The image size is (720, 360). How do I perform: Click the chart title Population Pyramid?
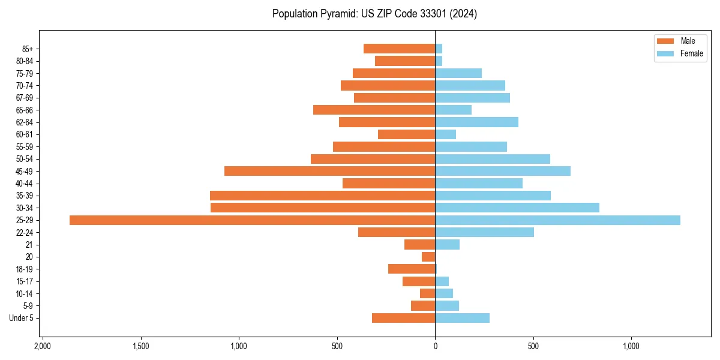tap(374, 14)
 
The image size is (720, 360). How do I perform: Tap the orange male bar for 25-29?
tap(252, 220)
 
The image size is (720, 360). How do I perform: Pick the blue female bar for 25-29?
tap(557, 220)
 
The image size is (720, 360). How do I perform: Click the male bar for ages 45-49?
tap(329, 171)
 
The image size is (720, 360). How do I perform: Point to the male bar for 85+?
tap(399, 49)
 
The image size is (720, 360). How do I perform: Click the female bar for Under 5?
tap(462, 318)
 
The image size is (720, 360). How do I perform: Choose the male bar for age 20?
tap(428, 257)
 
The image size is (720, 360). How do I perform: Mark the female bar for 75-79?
tap(458, 73)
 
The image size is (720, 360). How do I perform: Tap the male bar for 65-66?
tap(374, 110)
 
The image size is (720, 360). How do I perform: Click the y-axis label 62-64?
tap(25, 122)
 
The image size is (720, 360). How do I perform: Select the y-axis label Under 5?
tap(21, 318)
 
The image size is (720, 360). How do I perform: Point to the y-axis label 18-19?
tap(25, 269)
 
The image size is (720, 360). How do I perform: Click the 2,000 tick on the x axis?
tap(43, 347)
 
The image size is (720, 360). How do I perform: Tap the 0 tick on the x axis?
tap(435, 347)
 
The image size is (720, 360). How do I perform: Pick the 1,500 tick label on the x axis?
tap(140, 347)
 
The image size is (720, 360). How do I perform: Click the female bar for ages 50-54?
tap(493, 159)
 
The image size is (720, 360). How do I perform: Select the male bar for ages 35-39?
tap(322, 196)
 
